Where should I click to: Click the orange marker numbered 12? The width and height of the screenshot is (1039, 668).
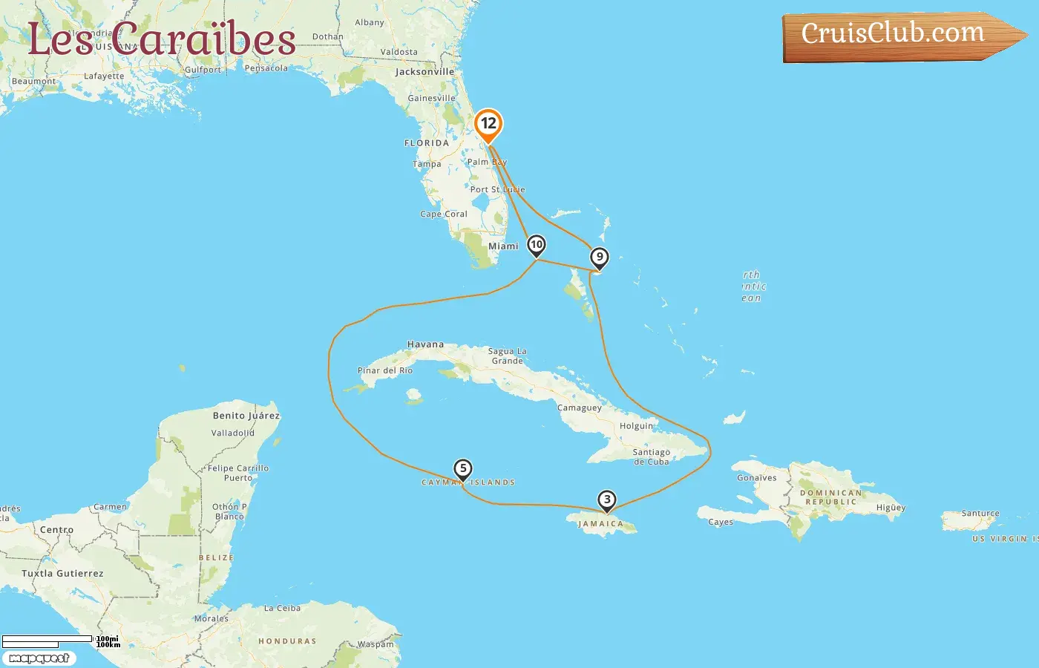click(488, 124)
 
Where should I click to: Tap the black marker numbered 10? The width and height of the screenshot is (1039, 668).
click(536, 245)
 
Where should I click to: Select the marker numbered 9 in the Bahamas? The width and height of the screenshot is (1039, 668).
click(599, 258)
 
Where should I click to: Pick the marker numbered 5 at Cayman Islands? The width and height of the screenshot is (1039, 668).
click(462, 469)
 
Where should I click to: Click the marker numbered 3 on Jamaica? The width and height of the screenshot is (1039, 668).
click(607, 500)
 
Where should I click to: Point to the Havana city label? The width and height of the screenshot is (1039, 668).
click(425, 344)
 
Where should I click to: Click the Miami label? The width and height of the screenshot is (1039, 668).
click(503, 246)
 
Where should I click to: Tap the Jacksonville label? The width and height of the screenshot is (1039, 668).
click(425, 72)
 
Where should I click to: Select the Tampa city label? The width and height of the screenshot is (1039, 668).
click(427, 164)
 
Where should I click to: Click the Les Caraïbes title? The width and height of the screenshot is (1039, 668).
click(162, 39)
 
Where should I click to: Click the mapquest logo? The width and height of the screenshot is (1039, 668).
click(39, 658)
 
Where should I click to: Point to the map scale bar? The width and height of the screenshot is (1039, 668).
click(48, 640)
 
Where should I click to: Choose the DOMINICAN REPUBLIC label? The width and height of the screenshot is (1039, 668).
click(831, 497)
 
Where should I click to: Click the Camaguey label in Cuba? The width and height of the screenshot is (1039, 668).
click(580, 408)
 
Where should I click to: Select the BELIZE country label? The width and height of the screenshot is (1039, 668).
click(216, 557)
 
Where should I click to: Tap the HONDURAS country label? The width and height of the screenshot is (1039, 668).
click(287, 641)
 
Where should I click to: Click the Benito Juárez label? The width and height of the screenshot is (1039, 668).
click(246, 416)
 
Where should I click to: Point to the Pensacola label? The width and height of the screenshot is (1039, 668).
click(266, 68)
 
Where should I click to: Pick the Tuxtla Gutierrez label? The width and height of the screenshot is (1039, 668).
click(62, 574)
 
